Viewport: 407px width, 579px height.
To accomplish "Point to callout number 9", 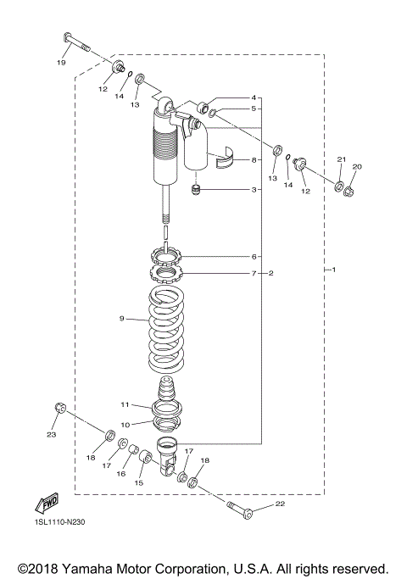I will (x=121, y=319).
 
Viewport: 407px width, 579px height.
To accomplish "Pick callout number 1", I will (x=334, y=270).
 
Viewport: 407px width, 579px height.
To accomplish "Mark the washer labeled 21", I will (x=337, y=186).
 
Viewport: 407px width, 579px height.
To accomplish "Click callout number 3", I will (x=253, y=190).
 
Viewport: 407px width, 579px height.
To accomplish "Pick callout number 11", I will (x=124, y=404).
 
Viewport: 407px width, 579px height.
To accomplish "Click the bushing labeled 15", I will (x=145, y=459).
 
